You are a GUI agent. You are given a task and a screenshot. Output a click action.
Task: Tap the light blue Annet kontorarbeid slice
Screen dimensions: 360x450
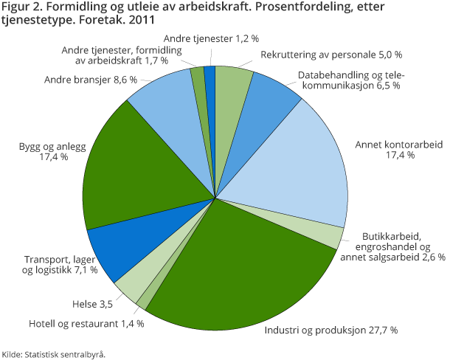pyautogui.click(x=295, y=170)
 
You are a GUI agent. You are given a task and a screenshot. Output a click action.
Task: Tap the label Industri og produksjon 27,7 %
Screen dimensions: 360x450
pyautogui.click(x=331, y=329)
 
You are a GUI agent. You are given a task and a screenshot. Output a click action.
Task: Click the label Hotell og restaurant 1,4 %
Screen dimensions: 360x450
pyautogui.click(x=86, y=323)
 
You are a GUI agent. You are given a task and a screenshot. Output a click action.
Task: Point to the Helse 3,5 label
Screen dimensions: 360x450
pyautogui.click(x=92, y=303)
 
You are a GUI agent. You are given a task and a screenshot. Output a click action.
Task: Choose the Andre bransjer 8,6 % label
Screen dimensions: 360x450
pyautogui.click(x=91, y=79)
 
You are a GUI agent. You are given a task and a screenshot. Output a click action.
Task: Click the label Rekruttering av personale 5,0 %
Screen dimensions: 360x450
pyautogui.click(x=331, y=54)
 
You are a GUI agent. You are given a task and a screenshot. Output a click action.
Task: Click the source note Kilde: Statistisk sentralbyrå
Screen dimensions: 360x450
pyautogui.click(x=53, y=353)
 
